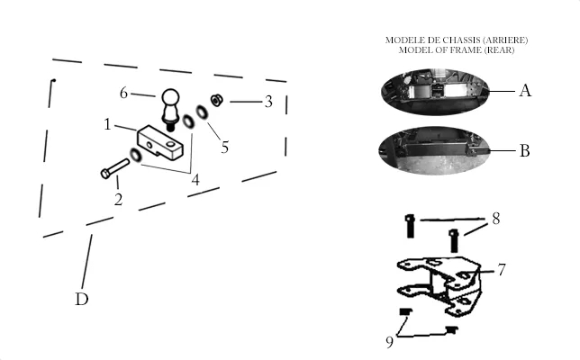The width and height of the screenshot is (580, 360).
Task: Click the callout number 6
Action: (123, 93)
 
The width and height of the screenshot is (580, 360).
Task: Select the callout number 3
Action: (268, 102)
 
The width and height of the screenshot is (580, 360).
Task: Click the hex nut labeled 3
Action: (216, 100)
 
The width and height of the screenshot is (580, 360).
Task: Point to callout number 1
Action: (107, 124)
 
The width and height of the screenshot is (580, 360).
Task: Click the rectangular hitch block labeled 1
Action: (160, 142)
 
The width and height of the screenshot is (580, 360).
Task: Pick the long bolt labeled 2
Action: (115, 169)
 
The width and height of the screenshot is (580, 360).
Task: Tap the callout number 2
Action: (118, 200)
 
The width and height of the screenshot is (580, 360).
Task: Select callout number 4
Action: (195, 180)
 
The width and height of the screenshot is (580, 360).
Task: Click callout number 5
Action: (225, 147)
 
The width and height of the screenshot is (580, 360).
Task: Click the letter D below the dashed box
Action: (82, 299)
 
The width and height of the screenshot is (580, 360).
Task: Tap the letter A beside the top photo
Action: (525, 91)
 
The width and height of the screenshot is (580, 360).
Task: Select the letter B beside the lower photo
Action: (525, 151)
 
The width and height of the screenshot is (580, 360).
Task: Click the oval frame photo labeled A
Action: (435, 92)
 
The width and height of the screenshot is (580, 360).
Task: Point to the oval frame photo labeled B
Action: (434, 150)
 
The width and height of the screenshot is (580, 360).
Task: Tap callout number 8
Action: (496, 219)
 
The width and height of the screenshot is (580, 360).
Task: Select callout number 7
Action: (502, 270)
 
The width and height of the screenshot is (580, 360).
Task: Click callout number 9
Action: (389, 342)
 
